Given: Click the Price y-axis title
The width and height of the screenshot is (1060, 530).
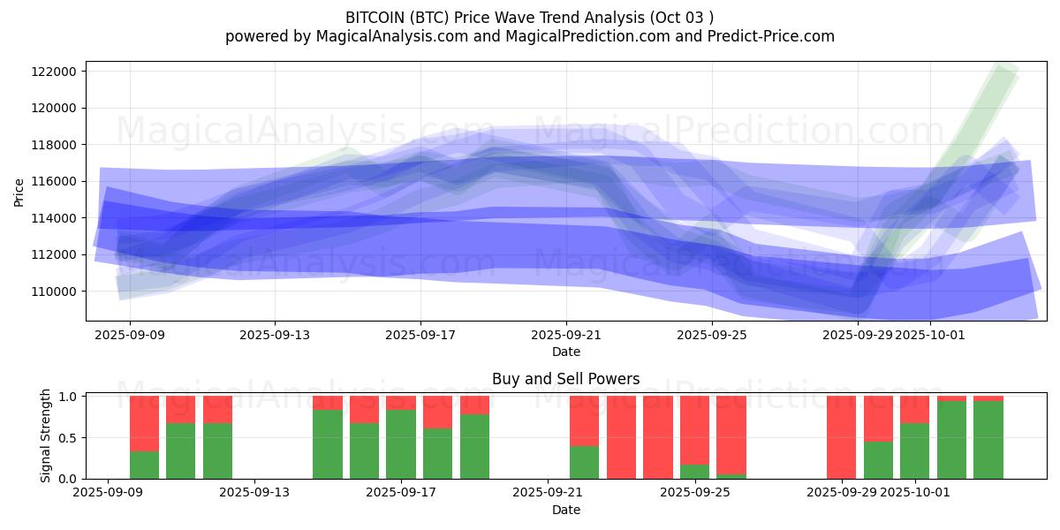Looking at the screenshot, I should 19,192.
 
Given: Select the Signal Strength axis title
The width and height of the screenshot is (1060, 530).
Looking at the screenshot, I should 46,435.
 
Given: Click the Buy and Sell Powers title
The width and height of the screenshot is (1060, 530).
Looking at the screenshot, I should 565,379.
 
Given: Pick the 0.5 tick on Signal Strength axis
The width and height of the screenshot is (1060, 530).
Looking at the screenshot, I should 66,438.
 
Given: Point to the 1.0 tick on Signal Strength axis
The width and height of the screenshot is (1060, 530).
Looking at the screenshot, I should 66,397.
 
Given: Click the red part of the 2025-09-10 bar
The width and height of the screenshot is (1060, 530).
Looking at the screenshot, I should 144,423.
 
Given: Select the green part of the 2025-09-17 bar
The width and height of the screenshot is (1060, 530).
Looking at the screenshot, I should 401,444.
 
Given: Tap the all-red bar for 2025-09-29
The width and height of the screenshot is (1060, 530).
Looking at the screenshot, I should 841,437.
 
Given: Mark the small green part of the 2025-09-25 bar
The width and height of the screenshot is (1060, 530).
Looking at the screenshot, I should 694,472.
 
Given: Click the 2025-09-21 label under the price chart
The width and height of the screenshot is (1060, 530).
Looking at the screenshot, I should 566,335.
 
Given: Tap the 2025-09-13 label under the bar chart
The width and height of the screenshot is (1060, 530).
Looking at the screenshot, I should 254,493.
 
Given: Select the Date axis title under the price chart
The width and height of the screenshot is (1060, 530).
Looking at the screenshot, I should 565,352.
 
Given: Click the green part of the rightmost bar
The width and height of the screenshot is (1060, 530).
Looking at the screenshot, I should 988,440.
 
